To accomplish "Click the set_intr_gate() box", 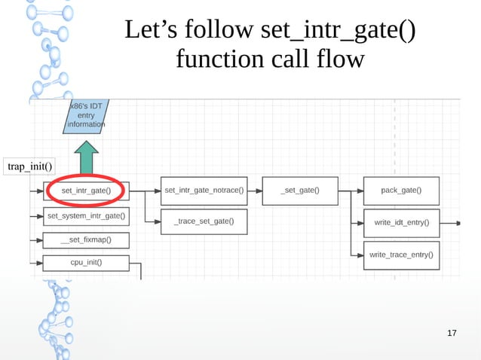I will pyautogui.click(x=86, y=191).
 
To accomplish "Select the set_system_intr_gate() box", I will pyautogui.click(x=86, y=216).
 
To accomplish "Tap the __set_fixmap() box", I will pyautogui.click(x=86, y=240).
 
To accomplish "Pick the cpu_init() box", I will pyautogui.click(x=86, y=263).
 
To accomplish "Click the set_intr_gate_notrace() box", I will pyautogui.click(x=204, y=191).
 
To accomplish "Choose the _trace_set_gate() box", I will pyautogui.click(x=204, y=221).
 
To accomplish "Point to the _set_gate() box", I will pyautogui.click(x=299, y=191).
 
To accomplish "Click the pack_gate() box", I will pyautogui.click(x=401, y=191).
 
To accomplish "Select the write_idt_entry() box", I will pyautogui.click(x=401, y=222).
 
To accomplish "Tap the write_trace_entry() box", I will pyautogui.click(x=401, y=255).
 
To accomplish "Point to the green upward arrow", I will pyautogui.click(x=86, y=159).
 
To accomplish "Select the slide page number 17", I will pyautogui.click(x=452, y=333).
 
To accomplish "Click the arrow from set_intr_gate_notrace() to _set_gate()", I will pyautogui.click(x=255, y=191).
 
